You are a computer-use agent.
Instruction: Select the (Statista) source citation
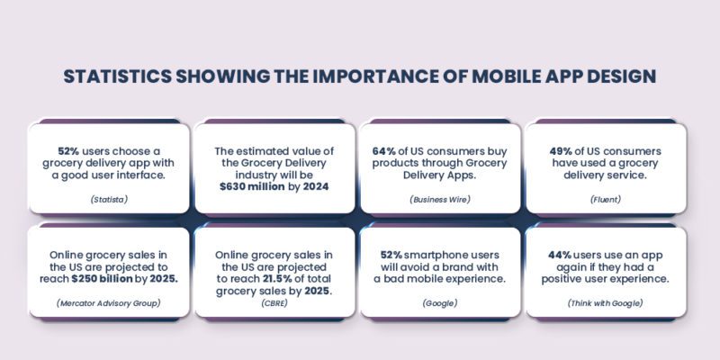point(109,198)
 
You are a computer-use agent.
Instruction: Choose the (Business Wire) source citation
point(441,198)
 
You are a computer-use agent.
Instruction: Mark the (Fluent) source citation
point(606,198)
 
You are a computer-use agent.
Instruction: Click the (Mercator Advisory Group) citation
point(109,302)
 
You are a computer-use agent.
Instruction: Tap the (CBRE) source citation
point(274,302)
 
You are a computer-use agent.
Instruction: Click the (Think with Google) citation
point(606,302)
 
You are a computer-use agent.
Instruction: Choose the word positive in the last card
point(572,279)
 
